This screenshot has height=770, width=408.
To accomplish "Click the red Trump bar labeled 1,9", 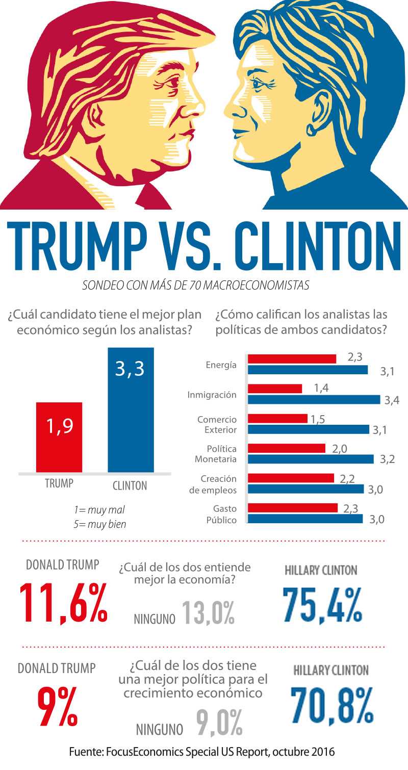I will click(59, 437).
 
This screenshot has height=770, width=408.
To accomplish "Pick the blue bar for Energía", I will click(308, 370).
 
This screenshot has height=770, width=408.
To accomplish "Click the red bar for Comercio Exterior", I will click(278, 419).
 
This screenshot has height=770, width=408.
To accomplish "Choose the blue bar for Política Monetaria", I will click(311, 459).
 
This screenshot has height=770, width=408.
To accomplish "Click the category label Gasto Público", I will click(221, 514).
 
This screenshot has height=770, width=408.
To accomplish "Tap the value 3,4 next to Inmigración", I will click(391, 400).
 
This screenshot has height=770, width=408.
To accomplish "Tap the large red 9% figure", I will click(57, 706).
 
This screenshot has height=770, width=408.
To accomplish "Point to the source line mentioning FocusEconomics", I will click(202, 752).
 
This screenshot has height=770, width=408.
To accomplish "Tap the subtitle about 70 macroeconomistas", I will click(196, 286).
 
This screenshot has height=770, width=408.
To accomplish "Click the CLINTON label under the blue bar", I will click(130, 485).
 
